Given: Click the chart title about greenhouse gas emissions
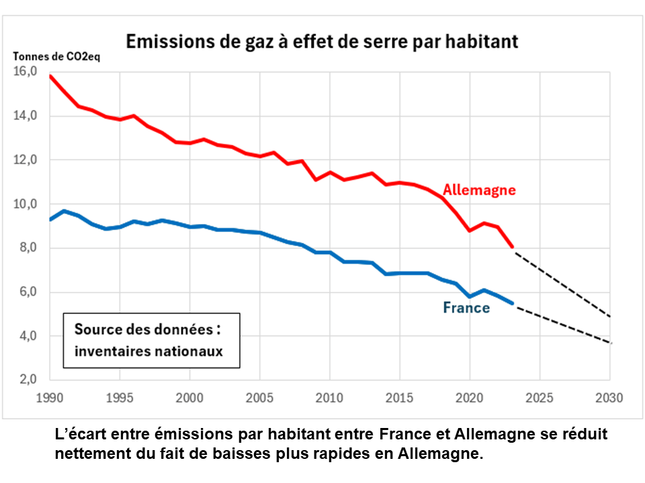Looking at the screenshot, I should click(322, 42).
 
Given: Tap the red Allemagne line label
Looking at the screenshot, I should click(479, 190).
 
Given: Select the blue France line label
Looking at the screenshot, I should click(466, 309).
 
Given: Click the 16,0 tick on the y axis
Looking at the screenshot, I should click(25, 72).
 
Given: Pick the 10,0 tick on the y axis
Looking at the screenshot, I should click(25, 204).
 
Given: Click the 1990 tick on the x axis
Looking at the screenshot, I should click(50, 397).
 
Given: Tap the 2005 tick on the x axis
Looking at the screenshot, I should click(259, 397).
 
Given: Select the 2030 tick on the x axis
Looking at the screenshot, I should click(610, 397).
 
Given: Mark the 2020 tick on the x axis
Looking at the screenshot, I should click(470, 397).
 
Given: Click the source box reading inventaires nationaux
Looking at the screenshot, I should click(151, 340).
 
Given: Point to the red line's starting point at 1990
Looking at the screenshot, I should click(50, 76).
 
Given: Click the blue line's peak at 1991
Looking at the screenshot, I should click(64, 211).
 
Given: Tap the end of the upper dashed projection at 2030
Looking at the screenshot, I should click(610, 316).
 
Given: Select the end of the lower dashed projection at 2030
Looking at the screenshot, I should click(610, 343).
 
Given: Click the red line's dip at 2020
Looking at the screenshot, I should click(470, 231).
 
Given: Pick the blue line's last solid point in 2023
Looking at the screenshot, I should click(512, 303).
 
